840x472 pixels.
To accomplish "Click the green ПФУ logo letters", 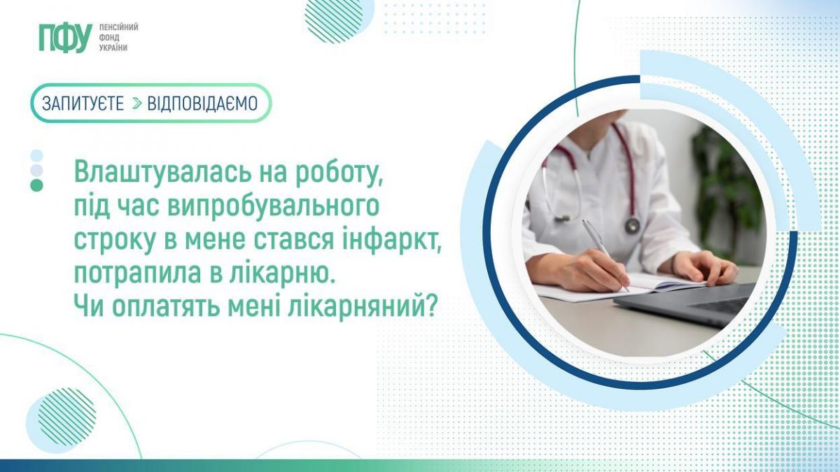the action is pyautogui.click(x=66, y=38).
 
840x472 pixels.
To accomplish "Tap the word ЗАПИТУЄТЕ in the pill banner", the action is pyautogui.click(x=83, y=103).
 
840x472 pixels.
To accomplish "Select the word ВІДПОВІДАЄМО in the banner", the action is pyautogui.click(x=202, y=103).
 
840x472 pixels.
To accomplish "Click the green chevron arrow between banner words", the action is pyautogui.click(x=137, y=103).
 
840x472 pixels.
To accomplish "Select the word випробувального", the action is pyautogui.click(x=274, y=207).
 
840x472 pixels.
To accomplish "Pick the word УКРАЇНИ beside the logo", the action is pyautogui.click(x=113, y=48).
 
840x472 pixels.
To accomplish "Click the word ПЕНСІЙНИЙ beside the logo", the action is pyautogui.click(x=118, y=27).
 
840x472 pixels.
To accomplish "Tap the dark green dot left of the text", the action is pyautogui.click(x=36, y=185).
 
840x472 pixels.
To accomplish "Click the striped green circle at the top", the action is pyautogui.click(x=334, y=20).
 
